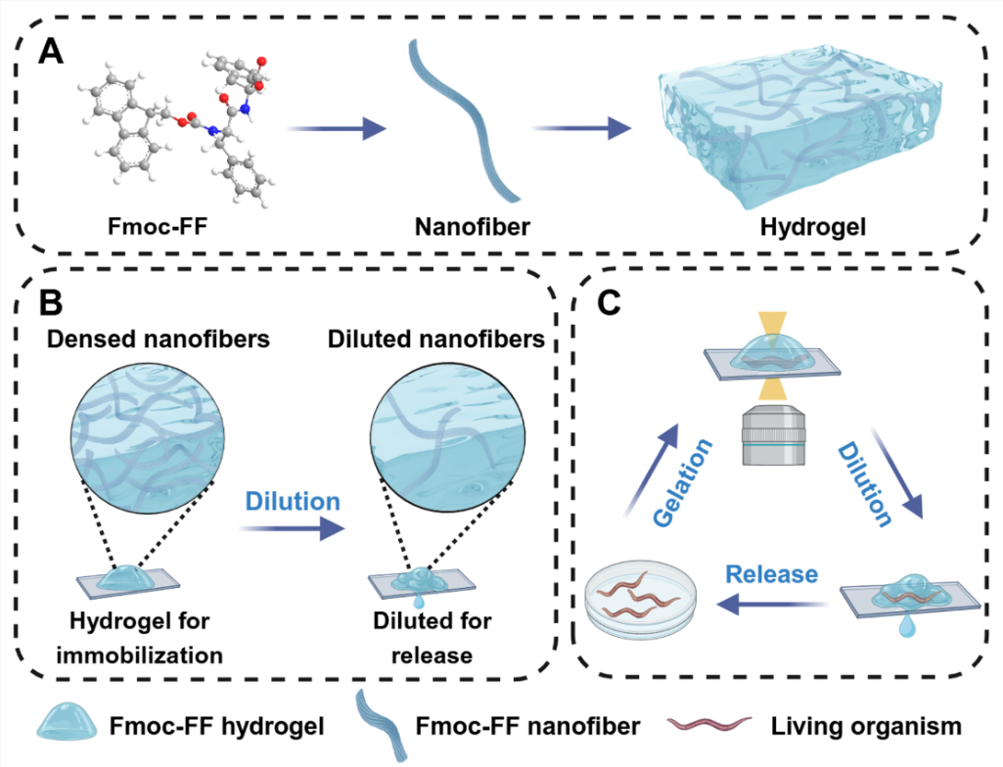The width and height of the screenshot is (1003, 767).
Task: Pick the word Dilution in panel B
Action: (290, 502)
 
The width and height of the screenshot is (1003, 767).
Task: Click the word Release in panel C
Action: (769, 574)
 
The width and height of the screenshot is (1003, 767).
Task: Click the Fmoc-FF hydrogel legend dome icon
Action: (70, 726)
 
